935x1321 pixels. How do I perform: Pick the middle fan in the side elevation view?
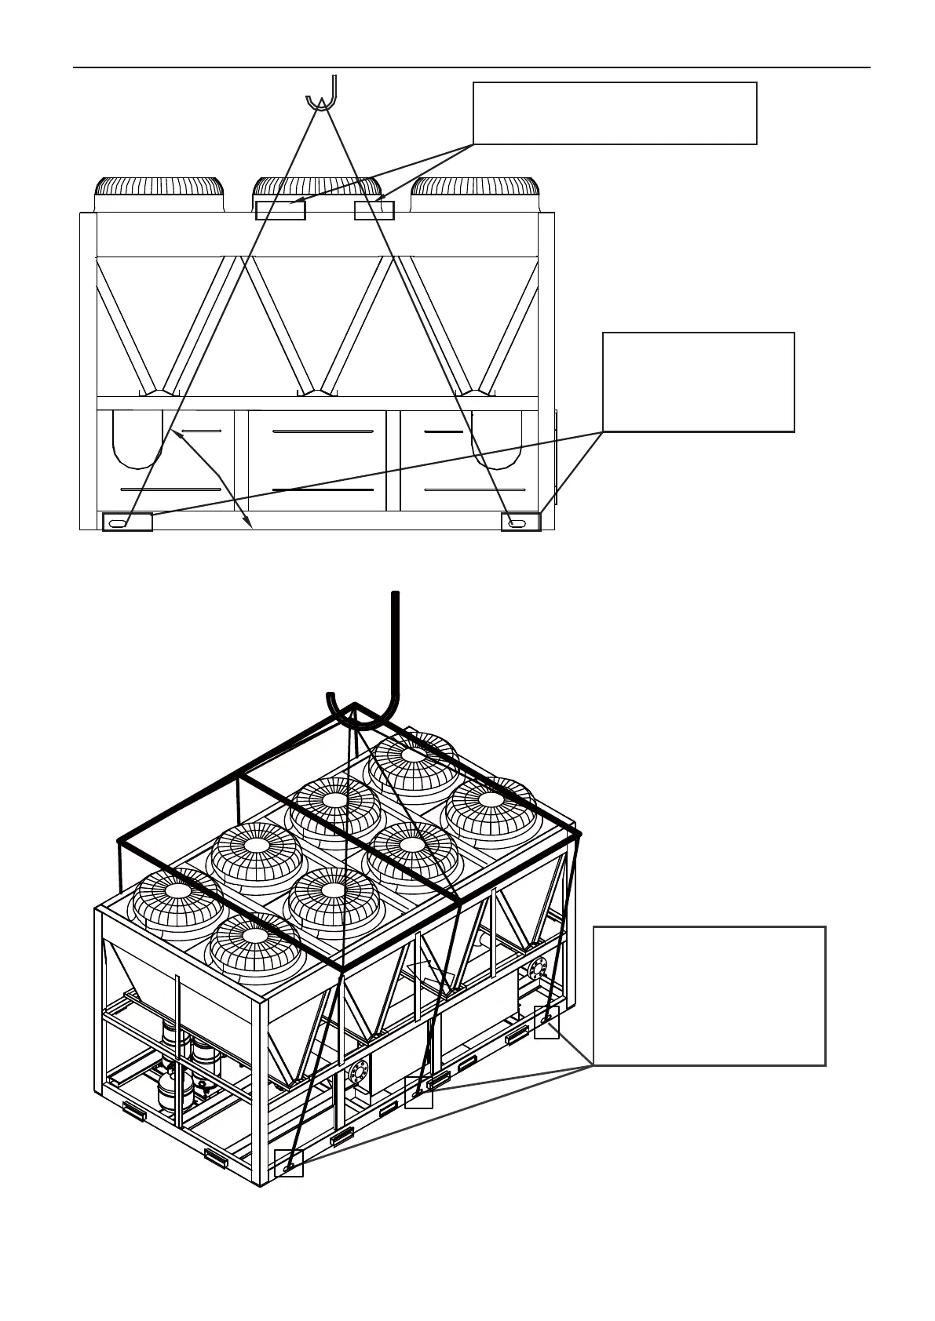click(317, 188)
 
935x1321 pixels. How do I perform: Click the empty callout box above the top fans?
click(615, 113)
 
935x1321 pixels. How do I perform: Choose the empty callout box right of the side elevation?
click(698, 381)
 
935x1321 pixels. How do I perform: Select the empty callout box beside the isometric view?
click(709, 995)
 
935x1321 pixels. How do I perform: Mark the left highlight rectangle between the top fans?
click(280, 210)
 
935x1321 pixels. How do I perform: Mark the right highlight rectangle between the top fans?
click(374, 210)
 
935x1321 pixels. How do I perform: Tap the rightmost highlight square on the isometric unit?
click(546, 1022)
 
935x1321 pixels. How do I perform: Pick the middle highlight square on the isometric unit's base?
click(418, 1093)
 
